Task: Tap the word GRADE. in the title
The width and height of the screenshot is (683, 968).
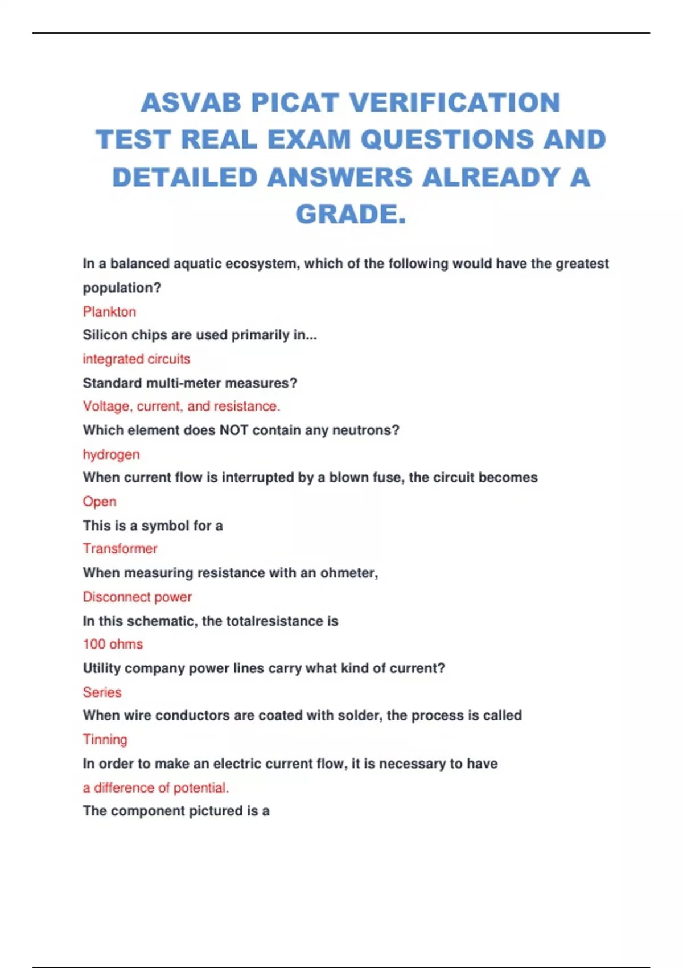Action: tap(351, 214)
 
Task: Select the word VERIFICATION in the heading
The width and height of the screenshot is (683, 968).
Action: tap(455, 103)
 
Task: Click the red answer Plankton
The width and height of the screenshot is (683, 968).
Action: tap(109, 311)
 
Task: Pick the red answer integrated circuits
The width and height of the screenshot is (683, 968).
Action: tap(137, 359)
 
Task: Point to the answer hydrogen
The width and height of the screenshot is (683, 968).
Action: tap(111, 454)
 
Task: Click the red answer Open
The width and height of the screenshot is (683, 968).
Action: tap(100, 502)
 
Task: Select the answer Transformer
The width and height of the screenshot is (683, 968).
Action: tap(120, 548)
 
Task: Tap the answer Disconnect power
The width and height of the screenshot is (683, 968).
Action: tap(137, 597)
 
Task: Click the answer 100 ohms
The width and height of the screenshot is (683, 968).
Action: tap(113, 644)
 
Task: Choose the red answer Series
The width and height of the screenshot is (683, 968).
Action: tap(102, 692)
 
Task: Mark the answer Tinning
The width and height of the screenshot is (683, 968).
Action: tap(105, 739)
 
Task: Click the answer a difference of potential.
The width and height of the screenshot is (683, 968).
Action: tap(155, 787)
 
